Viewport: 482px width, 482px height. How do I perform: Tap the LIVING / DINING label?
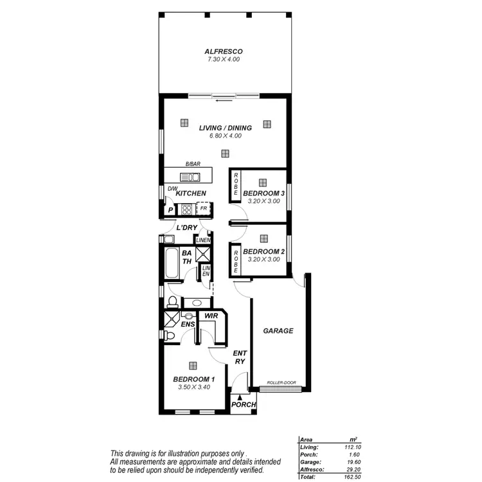[x=224, y=128]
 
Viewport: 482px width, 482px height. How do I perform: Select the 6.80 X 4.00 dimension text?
[x=224, y=136]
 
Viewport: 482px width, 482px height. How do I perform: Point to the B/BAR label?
[x=193, y=165]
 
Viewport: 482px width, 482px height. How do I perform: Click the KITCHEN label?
[x=191, y=193]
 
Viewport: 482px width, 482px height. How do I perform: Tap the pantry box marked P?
[x=170, y=210]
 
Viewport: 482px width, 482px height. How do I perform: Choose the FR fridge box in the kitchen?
[x=202, y=209]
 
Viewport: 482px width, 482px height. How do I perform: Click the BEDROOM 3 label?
[x=263, y=193]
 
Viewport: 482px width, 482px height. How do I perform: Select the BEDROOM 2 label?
[x=263, y=251]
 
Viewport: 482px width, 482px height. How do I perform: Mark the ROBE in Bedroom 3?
[x=236, y=185]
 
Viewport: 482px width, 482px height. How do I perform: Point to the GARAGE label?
[x=278, y=331]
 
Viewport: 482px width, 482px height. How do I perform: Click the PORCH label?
[x=244, y=405]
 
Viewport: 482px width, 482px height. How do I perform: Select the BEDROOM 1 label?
[x=193, y=379]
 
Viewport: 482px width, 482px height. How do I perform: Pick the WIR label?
[x=210, y=316]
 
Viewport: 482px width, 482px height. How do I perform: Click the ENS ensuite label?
[x=187, y=324]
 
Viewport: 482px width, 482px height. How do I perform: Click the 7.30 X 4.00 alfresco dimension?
[x=224, y=59]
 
